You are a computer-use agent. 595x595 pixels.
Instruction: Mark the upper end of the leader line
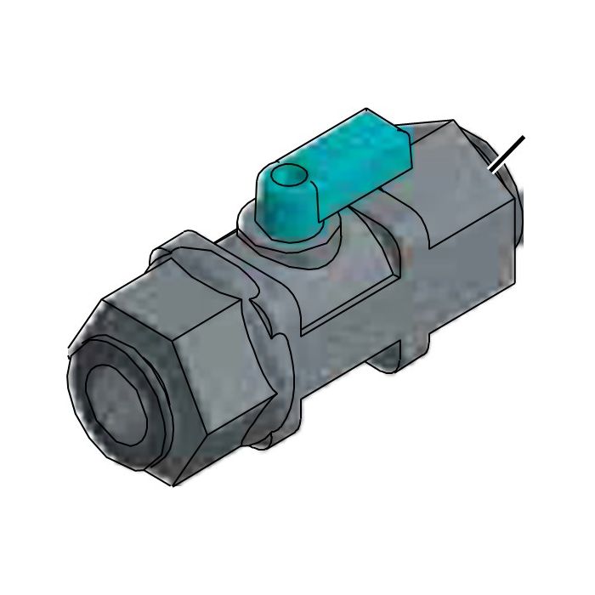(522, 138)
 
